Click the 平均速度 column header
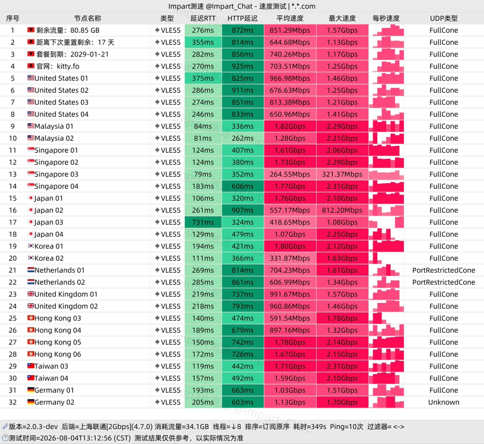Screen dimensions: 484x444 (x=290, y=18)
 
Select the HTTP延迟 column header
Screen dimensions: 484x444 (x=242, y=18)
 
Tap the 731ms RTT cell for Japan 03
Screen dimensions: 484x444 (x=203, y=222)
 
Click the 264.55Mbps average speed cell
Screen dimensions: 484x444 (x=290, y=174)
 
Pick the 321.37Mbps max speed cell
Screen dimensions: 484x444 (x=342, y=174)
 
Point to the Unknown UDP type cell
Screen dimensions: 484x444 (x=444, y=402)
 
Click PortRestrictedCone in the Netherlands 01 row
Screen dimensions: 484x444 (x=444, y=270)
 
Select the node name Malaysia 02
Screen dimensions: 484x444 (x=54, y=138)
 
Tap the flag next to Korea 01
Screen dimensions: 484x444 (x=31, y=246)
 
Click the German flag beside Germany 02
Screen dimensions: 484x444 (x=31, y=402)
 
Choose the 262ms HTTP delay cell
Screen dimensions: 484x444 (x=243, y=138)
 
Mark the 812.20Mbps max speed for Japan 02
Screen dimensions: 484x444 (x=342, y=210)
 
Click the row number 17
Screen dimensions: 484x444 (x=13, y=222)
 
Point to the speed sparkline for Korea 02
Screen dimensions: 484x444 (x=386, y=258)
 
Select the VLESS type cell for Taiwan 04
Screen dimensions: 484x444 (x=168, y=378)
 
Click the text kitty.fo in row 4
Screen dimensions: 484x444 (x=68, y=66)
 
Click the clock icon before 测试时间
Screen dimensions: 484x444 (x=5, y=438)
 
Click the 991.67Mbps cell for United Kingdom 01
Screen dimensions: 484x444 (x=290, y=294)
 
